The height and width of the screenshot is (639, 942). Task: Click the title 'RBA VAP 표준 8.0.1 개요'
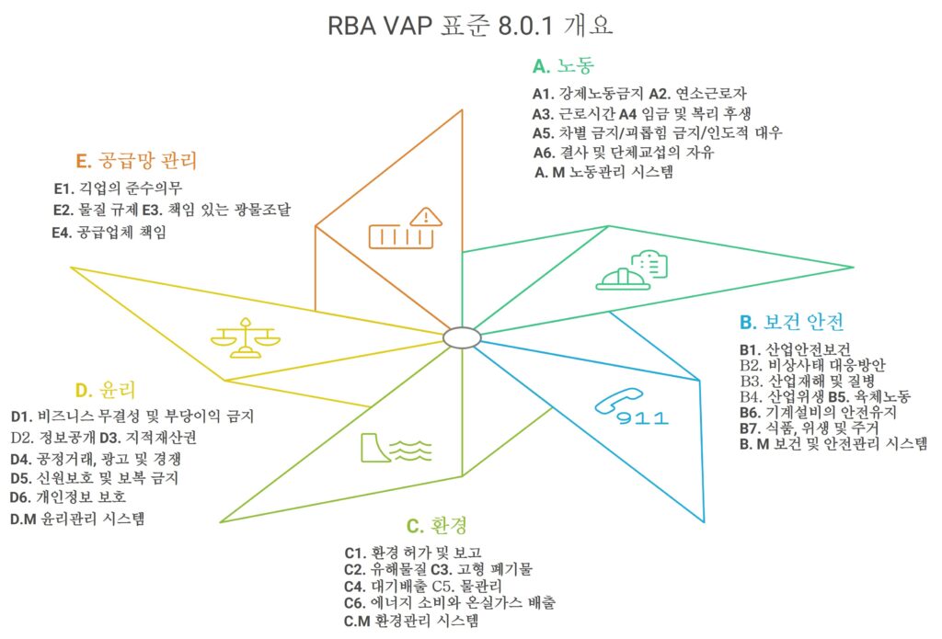(x=470, y=26)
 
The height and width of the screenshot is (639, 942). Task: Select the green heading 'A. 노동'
(x=564, y=65)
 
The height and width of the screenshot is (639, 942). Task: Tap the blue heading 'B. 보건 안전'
(x=792, y=322)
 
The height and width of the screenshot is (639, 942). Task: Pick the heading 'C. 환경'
(x=437, y=526)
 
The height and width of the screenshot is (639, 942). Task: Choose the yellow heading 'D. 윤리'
(x=105, y=391)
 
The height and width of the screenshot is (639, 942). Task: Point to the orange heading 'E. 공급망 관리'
(x=136, y=160)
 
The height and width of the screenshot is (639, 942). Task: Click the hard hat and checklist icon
(x=631, y=270)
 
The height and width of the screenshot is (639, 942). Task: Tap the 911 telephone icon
(x=631, y=408)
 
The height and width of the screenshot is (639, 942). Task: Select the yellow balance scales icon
(x=245, y=338)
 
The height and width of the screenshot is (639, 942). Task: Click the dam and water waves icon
(x=396, y=448)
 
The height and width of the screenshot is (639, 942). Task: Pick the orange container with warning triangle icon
(x=406, y=228)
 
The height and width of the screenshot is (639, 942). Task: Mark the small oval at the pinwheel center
(x=462, y=337)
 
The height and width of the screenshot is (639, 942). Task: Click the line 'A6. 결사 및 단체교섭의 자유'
(x=624, y=152)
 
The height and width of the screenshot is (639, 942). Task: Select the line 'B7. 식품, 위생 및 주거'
(x=810, y=428)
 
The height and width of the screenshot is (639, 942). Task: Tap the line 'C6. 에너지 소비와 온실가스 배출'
(x=450, y=602)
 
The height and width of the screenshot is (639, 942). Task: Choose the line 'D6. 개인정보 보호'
(x=68, y=496)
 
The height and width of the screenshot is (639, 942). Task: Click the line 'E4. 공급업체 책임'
(x=109, y=232)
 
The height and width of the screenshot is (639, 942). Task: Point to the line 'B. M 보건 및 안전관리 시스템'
(x=833, y=444)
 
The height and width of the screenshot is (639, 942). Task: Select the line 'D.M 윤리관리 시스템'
(x=77, y=519)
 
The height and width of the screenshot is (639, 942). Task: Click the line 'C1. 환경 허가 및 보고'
(x=413, y=552)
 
